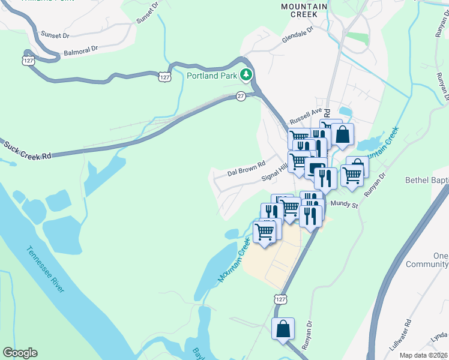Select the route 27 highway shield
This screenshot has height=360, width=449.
240,96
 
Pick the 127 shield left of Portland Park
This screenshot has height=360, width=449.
164,77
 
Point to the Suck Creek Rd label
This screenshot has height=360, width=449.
28,151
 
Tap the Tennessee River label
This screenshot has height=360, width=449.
45,269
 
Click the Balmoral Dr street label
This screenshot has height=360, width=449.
79,49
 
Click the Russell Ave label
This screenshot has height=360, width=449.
306,115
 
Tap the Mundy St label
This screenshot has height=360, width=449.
345,205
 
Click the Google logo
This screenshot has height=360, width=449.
20,353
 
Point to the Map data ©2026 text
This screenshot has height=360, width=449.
423,355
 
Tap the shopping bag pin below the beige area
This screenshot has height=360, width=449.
283,329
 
